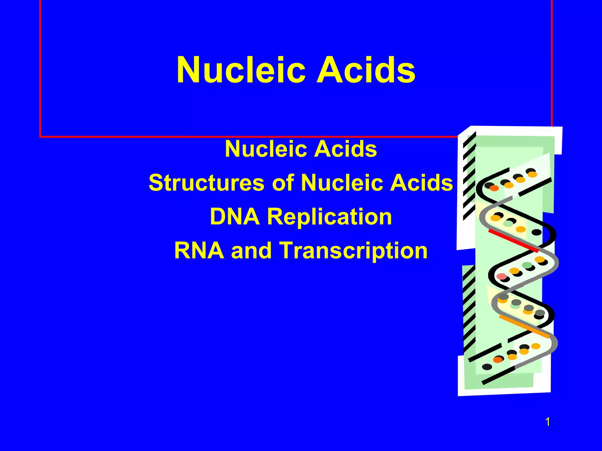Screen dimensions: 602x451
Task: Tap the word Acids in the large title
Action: (365, 70)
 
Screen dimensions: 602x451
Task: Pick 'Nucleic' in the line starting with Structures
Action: (341, 183)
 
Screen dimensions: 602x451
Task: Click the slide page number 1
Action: (548, 422)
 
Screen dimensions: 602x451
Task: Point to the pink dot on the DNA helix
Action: (501, 276)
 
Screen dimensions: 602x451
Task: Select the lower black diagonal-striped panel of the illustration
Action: (469, 308)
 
